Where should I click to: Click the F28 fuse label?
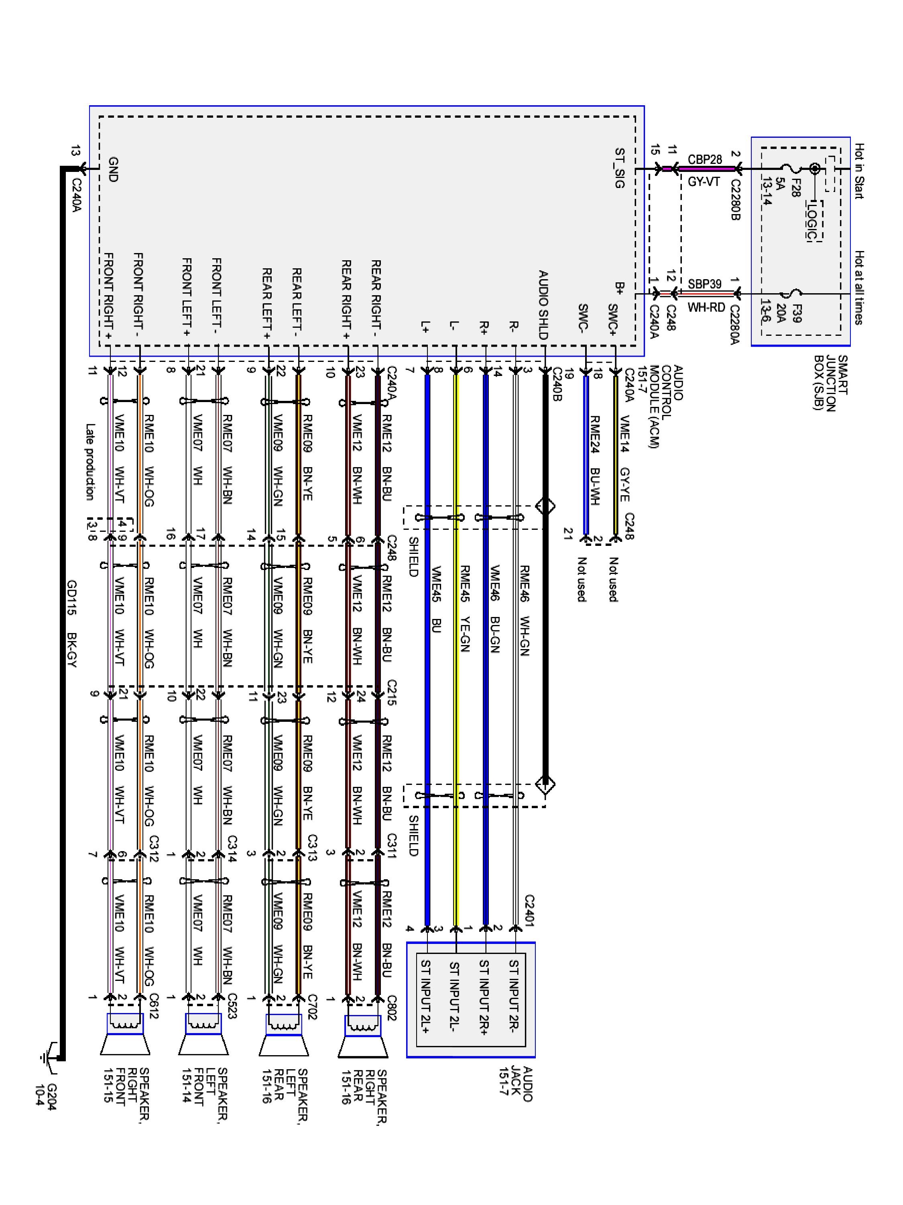tap(794, 188)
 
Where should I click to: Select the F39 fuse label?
tap(795, 313)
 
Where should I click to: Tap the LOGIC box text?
tap(813, 221)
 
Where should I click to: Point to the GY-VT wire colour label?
tap(704, 182)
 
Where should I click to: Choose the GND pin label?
tap(113, 169)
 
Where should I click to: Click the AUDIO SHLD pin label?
tap(543, 305)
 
